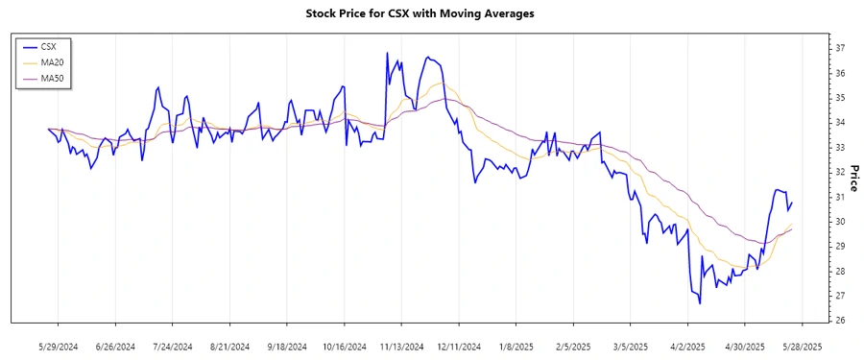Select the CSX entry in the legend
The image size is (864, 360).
click(x=49, y=46)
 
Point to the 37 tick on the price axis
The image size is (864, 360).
click(x=838, y=48)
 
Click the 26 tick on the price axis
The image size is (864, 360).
click(x=838, y=321)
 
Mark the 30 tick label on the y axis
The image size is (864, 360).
click(x=838, y=222)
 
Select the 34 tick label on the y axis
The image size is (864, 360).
click(x=838, y=123)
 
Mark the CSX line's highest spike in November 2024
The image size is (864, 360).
click(x=387, y=53)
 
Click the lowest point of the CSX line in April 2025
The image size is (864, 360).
click(x=700, y=303)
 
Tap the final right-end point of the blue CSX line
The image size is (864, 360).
click(x=792, y=202)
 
